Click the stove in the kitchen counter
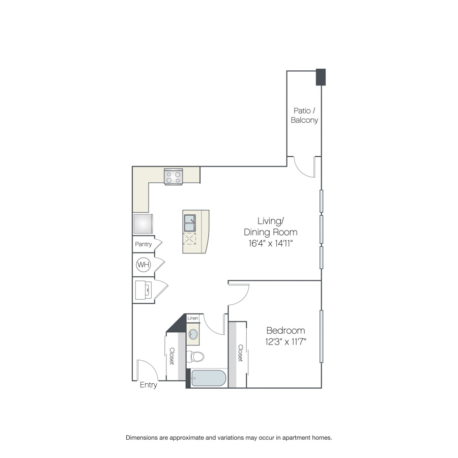click(x=173, y=177)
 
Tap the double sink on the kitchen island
click(x=190, y=223)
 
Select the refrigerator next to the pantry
click(x=143, y=224)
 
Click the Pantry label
click(x=144, y=244)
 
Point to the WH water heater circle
click(x=144, y=265)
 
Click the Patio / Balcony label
click(x=304, y=116)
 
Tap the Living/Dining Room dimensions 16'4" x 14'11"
click(x=271, y=243)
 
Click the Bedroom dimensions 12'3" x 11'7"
click(x=285, y=341)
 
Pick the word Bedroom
click(x=285, y=330)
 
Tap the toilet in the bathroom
click(x=195, y=356)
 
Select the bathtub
click(x=209, y=378)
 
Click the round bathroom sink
click(x=193, y=333)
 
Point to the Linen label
click(x=193, y=318)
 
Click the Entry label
click(x=149, y=385)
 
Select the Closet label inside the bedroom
click(x=240, y=353)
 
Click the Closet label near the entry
click(x=172, y=356)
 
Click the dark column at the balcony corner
click(x=321, y=77)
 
